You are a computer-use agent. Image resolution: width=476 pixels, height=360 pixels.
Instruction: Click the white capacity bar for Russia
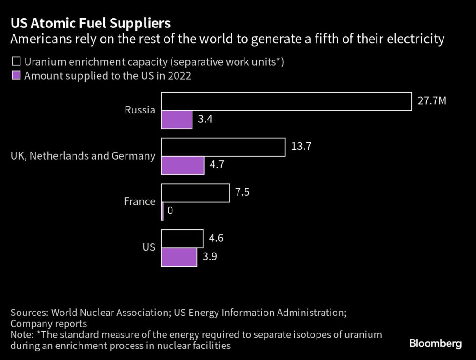286,101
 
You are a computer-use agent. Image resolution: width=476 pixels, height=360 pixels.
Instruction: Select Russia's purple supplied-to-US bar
177,120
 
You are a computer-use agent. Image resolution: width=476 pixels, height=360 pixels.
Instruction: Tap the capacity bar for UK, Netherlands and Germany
223,147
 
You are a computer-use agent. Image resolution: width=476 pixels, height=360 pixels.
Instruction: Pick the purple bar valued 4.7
183,166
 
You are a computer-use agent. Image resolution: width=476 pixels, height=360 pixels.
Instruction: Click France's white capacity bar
195,193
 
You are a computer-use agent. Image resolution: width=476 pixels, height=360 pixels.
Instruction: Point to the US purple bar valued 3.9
179,257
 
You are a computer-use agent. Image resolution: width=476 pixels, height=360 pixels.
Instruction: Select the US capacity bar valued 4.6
182,239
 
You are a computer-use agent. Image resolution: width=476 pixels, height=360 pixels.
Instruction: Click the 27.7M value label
431,101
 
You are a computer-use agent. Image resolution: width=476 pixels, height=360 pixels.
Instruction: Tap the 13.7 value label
301,147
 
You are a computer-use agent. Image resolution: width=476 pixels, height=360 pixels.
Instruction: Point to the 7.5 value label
242,192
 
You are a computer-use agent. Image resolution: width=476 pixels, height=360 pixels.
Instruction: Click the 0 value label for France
170,211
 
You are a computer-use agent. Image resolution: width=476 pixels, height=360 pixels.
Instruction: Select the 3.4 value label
205,120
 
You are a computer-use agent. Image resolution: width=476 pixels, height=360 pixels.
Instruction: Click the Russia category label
139,110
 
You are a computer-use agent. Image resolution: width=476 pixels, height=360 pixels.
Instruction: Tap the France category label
139,201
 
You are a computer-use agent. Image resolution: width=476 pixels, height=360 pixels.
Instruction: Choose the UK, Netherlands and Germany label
83,156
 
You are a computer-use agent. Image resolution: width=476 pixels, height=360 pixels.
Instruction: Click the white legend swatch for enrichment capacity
16,61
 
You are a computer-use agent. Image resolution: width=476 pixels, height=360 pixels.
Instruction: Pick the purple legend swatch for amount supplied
16,75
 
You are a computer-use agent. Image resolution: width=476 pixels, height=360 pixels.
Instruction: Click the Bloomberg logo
435,344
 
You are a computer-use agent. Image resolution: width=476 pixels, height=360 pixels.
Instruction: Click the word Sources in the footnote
29,312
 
